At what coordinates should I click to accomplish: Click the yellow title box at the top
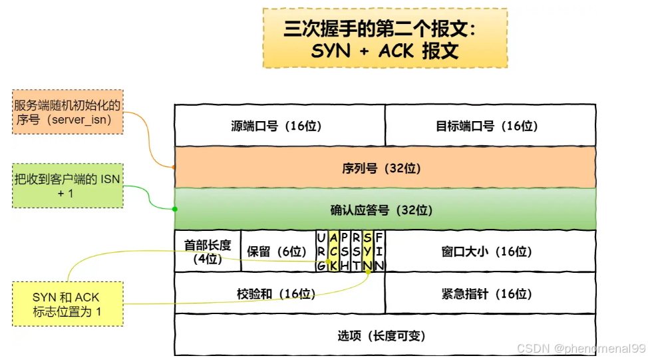[385, 39]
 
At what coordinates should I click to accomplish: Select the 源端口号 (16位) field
[279, 126]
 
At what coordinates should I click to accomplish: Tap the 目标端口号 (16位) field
[490, 126]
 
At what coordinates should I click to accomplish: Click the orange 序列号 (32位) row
[385, 168]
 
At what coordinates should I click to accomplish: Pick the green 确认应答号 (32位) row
[385, 210]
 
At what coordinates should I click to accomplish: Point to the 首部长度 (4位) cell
[208, 252]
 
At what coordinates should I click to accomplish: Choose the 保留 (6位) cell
[277, 252]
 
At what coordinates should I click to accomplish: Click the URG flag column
[321, 252]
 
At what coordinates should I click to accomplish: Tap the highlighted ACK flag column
[333, 252]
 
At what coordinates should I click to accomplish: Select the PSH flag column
[345, 252]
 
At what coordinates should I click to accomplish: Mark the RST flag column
[356, 252]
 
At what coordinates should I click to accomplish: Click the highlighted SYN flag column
[367, 252]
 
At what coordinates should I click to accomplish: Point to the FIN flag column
[379, 252]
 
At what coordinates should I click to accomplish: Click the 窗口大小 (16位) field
[490, 252]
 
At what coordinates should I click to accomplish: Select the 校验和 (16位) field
[279, 293]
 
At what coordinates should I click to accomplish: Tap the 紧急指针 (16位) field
[490, 293]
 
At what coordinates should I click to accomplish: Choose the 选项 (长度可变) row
[385, 335]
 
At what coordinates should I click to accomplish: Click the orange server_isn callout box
[68, 112]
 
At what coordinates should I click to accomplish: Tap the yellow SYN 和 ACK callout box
[68, 304]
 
